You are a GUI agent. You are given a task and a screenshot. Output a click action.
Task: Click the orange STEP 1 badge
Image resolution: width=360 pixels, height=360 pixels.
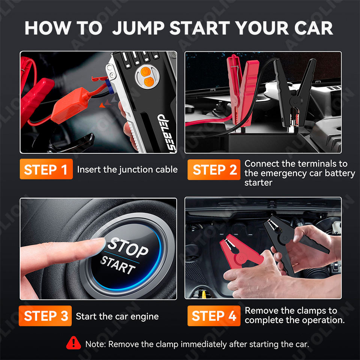[46, 169]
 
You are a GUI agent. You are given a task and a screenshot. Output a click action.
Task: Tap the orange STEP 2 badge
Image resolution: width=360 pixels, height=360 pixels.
[214, 169]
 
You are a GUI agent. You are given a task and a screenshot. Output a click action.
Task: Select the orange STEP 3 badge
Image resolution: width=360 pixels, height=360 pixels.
[45, 316]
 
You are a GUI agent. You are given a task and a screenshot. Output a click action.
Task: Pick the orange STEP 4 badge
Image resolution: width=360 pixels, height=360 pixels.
[214, 316]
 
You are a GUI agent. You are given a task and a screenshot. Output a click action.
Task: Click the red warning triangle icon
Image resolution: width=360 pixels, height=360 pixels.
[73, 343]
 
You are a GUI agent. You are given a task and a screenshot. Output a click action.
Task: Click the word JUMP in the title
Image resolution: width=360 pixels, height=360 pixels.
[138, 28]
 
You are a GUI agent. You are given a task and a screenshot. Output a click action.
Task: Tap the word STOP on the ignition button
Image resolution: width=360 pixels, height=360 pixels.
[128, 247]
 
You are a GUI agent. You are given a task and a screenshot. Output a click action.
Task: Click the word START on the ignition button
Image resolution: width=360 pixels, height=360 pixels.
[118, 265]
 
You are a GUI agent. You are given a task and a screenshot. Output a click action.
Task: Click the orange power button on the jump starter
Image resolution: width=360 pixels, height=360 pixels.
[145, 72]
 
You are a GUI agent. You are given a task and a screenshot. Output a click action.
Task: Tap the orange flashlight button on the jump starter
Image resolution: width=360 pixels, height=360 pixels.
[149, 82]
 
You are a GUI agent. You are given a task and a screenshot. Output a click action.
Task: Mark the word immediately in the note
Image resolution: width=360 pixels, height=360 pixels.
[204, 344]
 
